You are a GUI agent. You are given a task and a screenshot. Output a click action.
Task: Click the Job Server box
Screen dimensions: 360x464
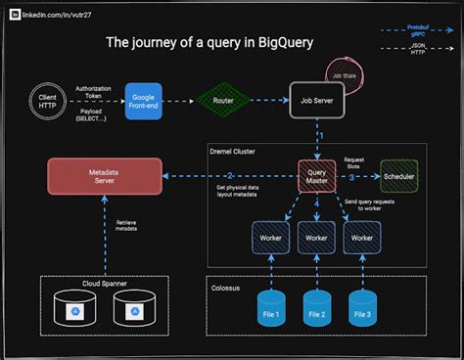314,100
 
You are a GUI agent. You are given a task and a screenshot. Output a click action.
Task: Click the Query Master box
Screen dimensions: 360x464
315,176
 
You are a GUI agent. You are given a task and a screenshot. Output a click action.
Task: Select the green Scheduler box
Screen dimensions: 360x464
398,176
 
